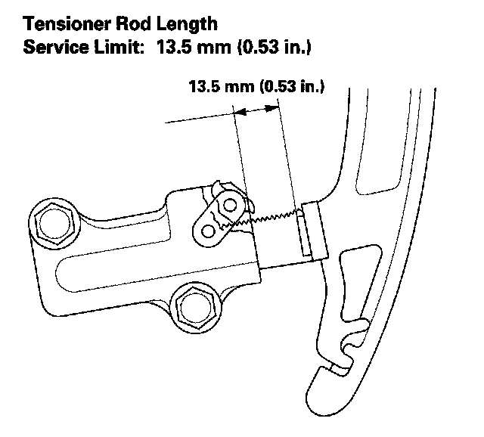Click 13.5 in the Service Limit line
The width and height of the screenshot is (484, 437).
pos(175,47)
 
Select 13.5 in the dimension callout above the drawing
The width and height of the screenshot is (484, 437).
pos(203,88)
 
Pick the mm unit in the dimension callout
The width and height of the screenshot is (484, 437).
pos(238,88)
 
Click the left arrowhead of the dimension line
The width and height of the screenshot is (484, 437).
pos(240,111)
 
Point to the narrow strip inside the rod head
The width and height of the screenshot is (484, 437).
pos(303,233)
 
